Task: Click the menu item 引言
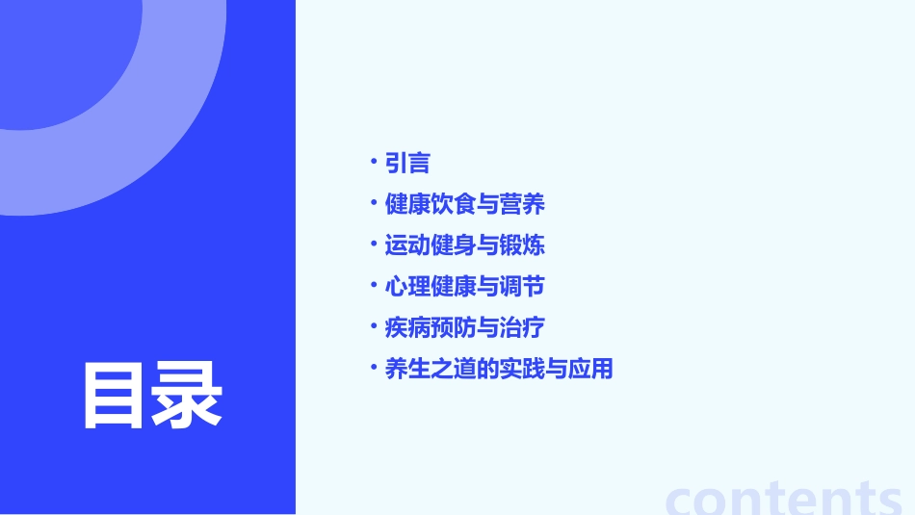pyautogui.click(x=407, y=164)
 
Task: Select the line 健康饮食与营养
pyautogui.click(x=465, y=204)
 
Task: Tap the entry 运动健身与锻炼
pyautogui.click(x=465, y=245)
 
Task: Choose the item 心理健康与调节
pyautogui.click(x=465, y=287)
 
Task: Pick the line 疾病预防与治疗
pyautogui.click(x=465, y=327)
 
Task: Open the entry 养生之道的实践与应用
pyautogui.click(x=499, y=369)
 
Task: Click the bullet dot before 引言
pyautogui.click(x=374, y=160)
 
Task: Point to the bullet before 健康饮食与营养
pyautogui.click(x=374, y=201)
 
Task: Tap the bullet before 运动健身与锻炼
pyautogui.click(x=374, y=243)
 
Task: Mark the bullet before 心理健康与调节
pyautogui.click(x=374, y=284)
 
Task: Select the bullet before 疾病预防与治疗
pyautogui.click(x=374, y=324)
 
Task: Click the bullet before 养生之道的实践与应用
pyautogui.click(x=374, y=366)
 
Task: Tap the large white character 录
pyautogui.click(x=187, y=396)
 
